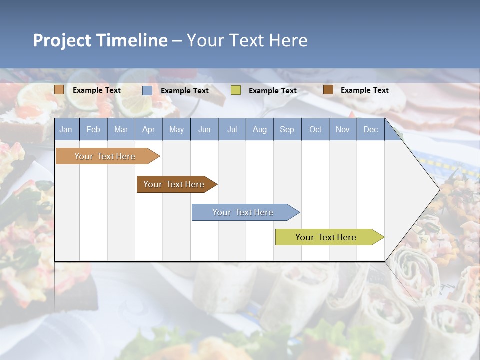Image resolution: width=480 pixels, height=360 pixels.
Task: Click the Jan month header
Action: click(66, 129)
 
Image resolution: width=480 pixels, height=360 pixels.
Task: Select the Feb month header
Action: click(93, 129)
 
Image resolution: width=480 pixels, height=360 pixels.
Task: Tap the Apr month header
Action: click(148, 129)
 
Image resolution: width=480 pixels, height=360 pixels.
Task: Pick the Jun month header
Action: click(204, 129)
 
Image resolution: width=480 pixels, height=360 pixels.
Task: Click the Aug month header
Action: click(259, 129)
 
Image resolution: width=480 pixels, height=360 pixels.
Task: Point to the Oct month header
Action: click(315, 129)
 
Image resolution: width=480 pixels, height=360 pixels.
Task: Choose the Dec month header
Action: click(370, 129)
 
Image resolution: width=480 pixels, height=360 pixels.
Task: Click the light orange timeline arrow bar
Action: click(105, 156)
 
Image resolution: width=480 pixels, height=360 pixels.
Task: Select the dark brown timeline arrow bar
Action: click(174, 184)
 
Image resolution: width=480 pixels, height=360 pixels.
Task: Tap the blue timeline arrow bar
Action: click(243, 212)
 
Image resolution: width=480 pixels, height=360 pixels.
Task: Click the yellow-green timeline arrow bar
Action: click(326, 237)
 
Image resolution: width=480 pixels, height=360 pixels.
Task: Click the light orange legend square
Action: click(59, 90)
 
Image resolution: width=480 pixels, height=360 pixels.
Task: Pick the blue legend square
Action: click(147, 90)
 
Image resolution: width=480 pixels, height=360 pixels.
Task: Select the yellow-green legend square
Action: click(235, 90)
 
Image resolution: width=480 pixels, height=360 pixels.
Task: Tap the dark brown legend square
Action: click(328, 90)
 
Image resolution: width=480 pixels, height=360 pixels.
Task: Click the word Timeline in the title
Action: click(131, 40)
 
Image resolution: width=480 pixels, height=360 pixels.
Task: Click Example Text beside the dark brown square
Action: click(364, 90)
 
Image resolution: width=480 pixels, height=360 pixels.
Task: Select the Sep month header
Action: click(287, 129)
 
